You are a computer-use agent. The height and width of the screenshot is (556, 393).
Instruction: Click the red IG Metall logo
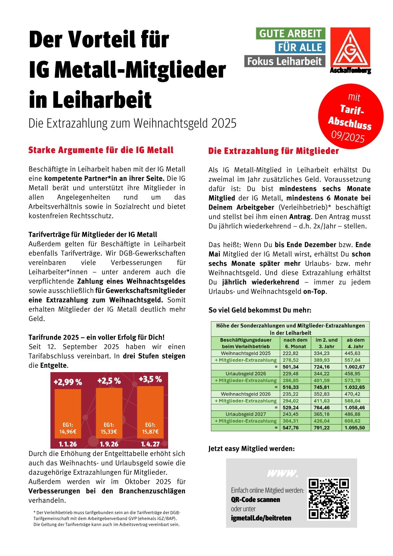click(x=350, y=48)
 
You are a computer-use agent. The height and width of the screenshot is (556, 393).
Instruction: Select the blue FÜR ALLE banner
click(x=300, y=47)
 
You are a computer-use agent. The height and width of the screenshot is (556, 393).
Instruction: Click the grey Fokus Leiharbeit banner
click(x=285, y=61)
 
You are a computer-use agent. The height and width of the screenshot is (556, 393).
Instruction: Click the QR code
click(x=328, y=498)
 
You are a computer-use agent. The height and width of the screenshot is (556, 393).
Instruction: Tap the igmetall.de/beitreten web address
click(x=261, y=518)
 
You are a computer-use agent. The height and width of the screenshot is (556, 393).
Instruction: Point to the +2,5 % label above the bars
click(x=109, y=381)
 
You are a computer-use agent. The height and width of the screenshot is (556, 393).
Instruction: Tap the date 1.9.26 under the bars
click(x=109, y=444)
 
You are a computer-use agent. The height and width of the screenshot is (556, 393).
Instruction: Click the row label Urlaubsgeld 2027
click(x=246, y=414)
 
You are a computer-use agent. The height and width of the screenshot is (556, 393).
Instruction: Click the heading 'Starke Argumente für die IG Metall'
click(x=101, y=150)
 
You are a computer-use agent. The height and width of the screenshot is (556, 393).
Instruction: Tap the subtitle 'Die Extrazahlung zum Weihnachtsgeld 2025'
click(x=133, y=123)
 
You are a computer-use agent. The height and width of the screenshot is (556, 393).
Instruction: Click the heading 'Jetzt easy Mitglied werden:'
click(x=252, y=449)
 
